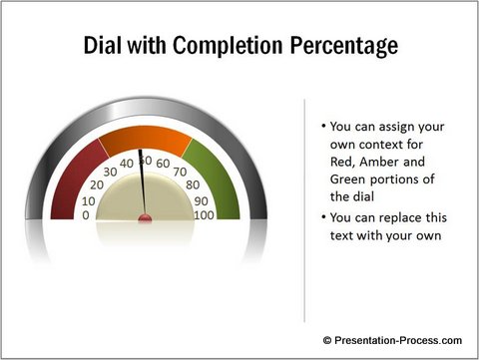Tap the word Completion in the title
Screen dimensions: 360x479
point(227,46)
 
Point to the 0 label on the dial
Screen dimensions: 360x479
point(85,214)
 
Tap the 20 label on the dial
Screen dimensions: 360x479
point(96,184)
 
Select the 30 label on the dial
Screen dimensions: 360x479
point(110,171)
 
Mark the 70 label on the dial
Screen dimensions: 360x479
point(181,171)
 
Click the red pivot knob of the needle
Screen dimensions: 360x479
point(146,216)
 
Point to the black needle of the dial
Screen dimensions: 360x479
point(143,184)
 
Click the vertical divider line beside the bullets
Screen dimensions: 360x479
point(303,209)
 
